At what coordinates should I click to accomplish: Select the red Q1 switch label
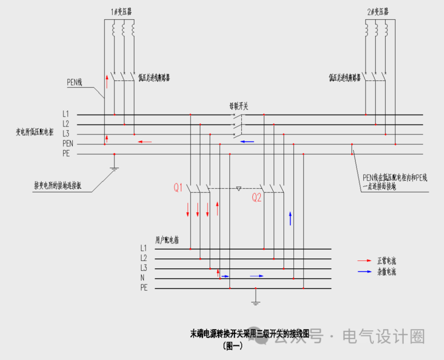pos(178,188)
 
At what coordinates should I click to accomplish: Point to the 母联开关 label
pos(239,106)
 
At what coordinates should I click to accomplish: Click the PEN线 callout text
pos(75,81)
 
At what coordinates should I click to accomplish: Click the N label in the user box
pos(142,278)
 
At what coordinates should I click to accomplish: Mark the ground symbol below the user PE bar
pos(255,301)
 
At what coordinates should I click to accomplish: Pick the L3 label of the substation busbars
pos(66,134)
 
